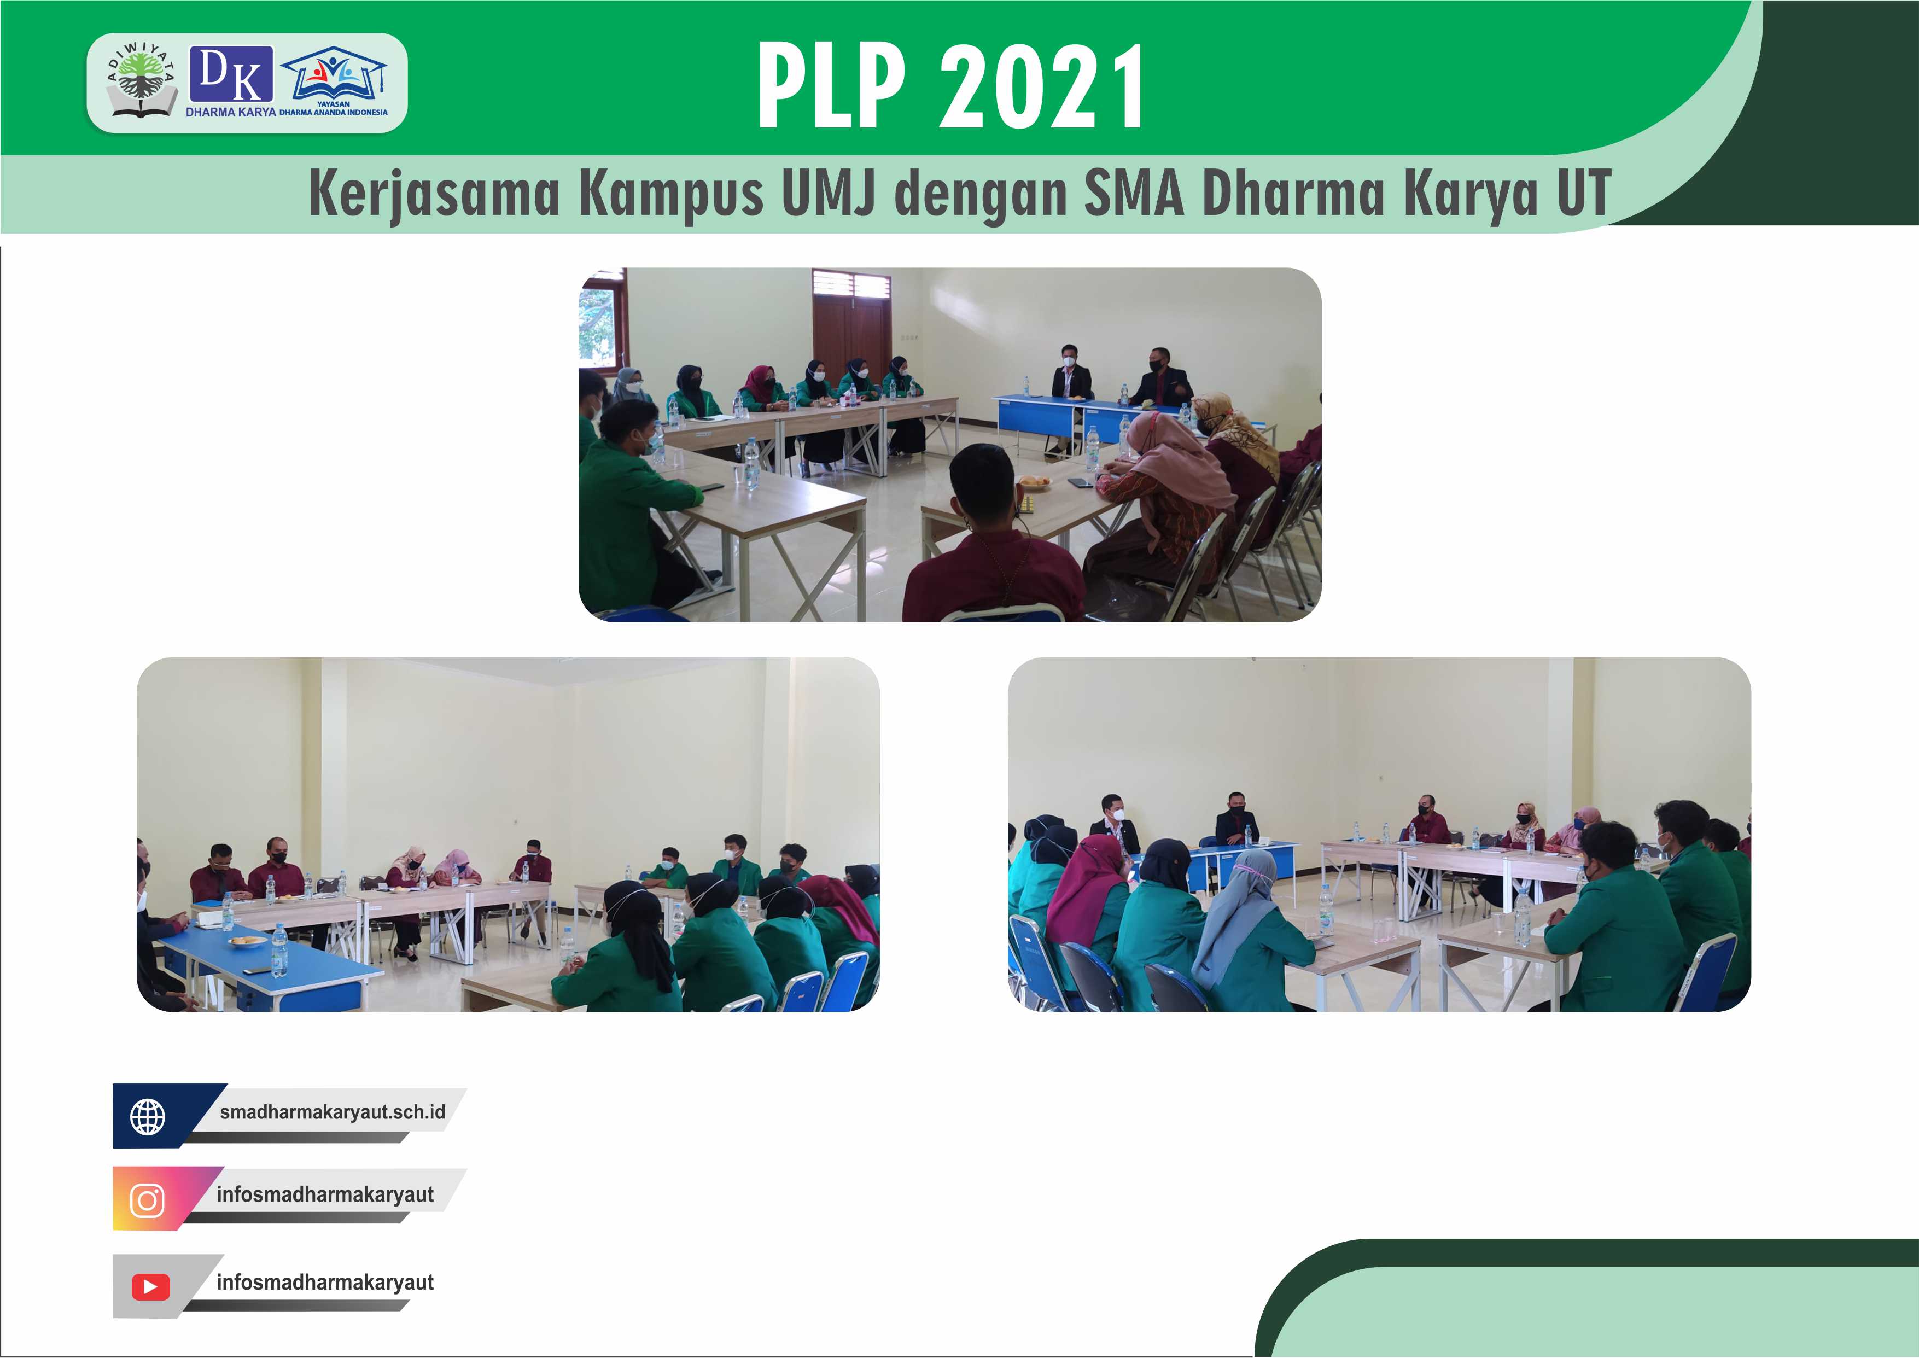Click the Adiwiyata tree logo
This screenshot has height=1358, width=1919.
pyautogui.click(x=141, y=80)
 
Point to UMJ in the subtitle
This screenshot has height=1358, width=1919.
pyautogui.click(x=829, y=193)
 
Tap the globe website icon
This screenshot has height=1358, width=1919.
pyautogui.click(x=148, y=1116)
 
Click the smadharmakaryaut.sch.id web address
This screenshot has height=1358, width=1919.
pyautogui.click(x=333, y=1112)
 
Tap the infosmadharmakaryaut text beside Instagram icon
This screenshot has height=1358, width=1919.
pyautogui.click(x=325, y=1194)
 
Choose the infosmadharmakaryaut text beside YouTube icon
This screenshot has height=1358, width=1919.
pyautogui.click(x=325, y=1283)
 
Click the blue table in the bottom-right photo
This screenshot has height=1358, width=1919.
pyautogui.click(x=1246, y=861)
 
